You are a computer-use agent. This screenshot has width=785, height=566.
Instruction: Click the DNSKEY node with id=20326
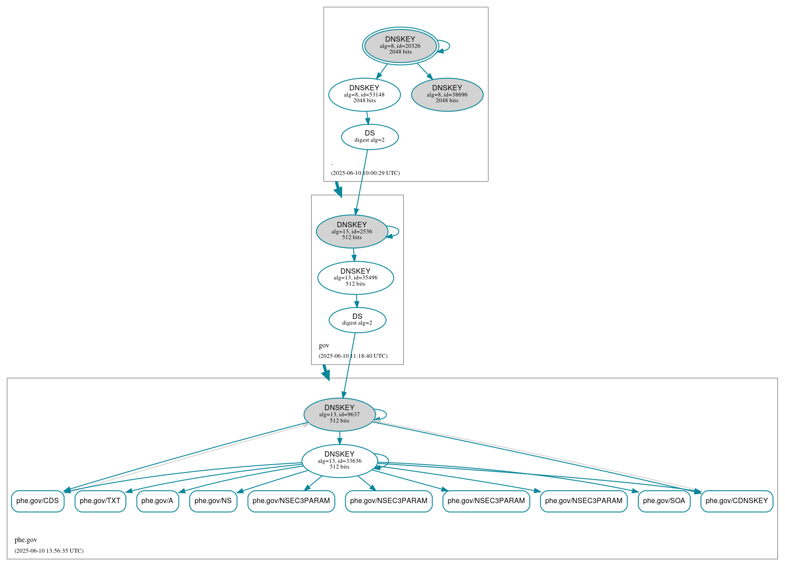400,46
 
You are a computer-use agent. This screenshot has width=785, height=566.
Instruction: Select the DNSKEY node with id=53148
364,94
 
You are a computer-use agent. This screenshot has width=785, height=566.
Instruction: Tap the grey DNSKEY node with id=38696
447,94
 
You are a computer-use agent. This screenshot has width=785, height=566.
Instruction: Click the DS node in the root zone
370,137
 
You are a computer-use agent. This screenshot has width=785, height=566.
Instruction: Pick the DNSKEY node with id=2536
352,231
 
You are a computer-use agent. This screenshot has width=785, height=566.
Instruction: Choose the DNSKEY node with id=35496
355,278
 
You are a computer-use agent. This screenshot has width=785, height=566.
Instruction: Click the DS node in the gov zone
357,320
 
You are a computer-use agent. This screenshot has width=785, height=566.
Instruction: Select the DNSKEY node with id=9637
340,415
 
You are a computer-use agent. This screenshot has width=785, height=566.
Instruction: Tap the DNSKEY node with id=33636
340,461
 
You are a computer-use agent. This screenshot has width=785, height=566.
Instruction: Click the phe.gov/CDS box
38,501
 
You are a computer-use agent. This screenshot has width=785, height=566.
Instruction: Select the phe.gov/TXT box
100,501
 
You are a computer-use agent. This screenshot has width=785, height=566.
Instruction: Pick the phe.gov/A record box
157,501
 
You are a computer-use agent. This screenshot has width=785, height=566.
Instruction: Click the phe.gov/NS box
213,501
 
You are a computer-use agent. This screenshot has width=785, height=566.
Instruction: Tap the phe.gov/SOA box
664,501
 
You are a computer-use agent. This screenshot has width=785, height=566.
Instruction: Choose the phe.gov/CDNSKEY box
737,501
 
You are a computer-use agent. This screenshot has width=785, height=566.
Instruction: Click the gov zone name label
324,345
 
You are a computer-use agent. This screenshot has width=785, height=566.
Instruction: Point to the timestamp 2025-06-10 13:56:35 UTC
49,550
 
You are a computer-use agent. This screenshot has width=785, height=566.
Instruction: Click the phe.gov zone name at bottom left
26,540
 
